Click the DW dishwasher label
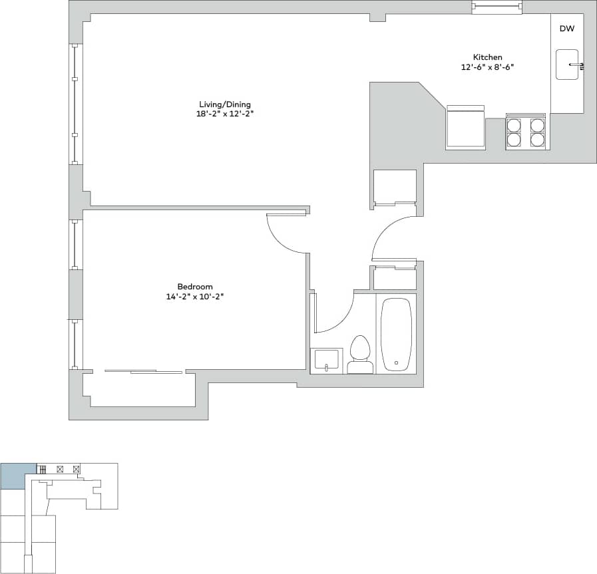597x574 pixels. (x=566, y=29)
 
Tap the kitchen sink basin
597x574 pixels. (x=567, y=65)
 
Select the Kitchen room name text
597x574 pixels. (x=487, y=57)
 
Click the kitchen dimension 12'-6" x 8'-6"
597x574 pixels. (x=488, y=67)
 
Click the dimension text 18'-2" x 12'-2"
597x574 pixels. (x=221, y=114)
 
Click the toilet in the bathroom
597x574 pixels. (x=360, y=355)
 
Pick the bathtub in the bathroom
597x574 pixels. (x=397, y=335)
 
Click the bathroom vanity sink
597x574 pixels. (x=327, y=362)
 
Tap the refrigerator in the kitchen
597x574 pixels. (x=465, y=127)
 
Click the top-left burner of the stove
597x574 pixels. (x=514, y=125)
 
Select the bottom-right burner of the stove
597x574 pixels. (x=537, y=139)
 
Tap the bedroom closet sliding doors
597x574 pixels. (x=143, y=371)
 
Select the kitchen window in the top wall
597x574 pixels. (x=497, y=7)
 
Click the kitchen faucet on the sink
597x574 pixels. (x=578, y=65)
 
